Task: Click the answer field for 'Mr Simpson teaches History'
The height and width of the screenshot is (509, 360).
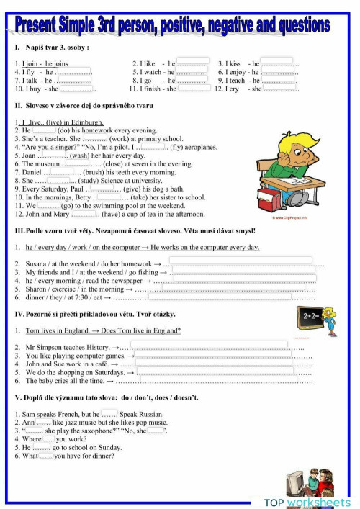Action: (x=215, y=347)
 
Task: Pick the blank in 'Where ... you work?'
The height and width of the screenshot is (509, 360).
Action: (x=49, y=438)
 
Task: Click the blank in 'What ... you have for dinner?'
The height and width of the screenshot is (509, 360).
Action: (x=46, y=456)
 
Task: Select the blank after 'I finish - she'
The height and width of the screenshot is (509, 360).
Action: (x=194, y=89)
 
